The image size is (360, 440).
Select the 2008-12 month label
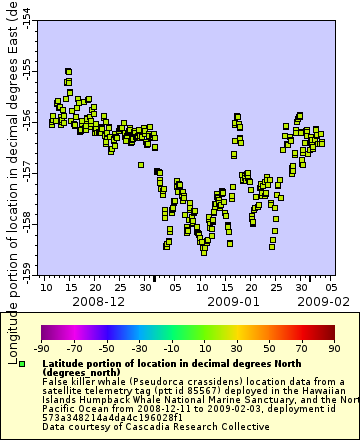coord(98,300)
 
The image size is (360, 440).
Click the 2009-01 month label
coord(232,300)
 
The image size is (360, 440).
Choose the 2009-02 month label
coord(322,300)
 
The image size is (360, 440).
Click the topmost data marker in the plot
coord(68,72)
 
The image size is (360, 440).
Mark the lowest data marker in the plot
coord(203,251)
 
